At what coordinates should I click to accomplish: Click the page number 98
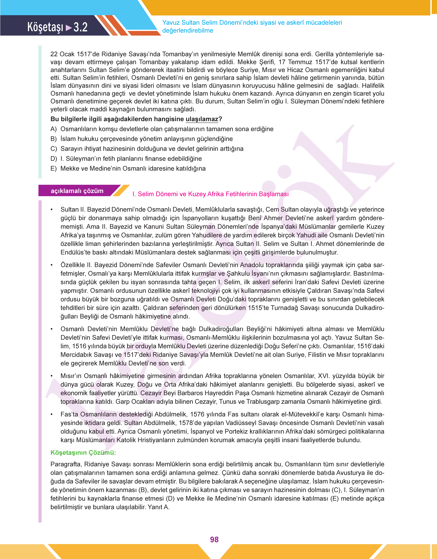point(214,540)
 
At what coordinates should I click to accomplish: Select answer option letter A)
point(53,129)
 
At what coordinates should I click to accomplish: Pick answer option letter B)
point(53,139)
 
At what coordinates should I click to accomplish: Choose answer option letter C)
point(53,149)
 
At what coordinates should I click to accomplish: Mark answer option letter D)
point(53,159)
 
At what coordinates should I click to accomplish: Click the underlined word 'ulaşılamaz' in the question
point(202,119)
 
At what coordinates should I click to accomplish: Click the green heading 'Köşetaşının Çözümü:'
point(83,453)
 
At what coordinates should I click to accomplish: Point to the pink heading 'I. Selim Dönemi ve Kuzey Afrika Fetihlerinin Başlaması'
point(210,194)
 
